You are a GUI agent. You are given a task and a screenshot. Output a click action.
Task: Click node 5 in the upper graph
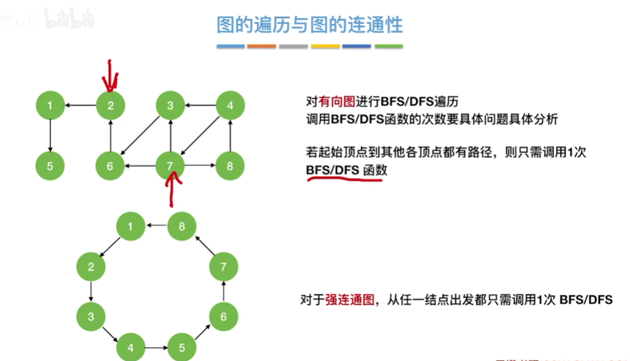point(50,166)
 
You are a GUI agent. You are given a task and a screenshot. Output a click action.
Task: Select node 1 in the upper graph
point(50,105)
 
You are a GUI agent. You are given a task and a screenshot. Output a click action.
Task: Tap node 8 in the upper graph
point(230,166)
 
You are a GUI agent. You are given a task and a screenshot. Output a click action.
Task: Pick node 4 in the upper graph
point(230,105)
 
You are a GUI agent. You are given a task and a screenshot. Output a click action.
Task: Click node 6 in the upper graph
point(110,166)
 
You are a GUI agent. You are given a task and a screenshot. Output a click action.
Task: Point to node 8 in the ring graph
point(182,226)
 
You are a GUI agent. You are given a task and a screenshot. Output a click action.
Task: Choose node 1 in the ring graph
point(131,226)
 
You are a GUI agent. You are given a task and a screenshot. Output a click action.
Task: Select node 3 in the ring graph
point(91,317)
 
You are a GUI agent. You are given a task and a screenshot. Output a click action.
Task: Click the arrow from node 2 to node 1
point(80,105)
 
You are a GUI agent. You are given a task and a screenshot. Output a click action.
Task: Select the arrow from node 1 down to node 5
point(50,135)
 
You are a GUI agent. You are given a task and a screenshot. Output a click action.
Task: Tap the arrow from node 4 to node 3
point(200,105)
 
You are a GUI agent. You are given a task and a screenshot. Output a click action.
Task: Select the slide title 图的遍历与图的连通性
point(310,25)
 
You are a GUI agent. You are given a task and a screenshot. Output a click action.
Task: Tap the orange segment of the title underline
point(262,46)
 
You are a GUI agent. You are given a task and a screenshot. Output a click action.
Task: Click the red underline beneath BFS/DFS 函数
point(344,180)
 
